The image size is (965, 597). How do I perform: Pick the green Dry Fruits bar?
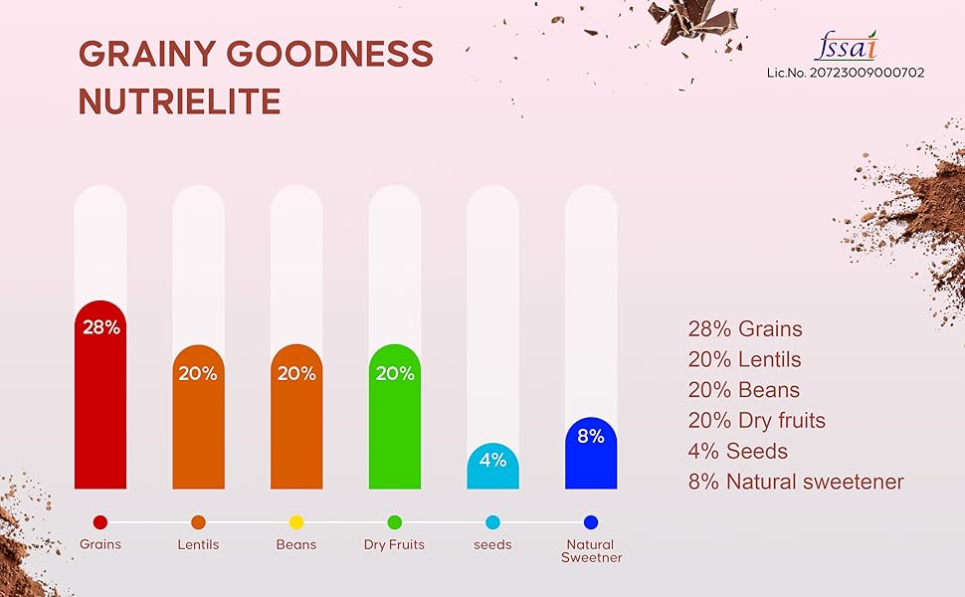click(x=394, y=428)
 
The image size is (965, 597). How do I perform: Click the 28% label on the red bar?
click(x=100, y=326)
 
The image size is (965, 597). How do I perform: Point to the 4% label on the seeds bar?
click(x=492, y=460)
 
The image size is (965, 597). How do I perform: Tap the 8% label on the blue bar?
click(x=591, y=436)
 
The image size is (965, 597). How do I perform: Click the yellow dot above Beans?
click(x=296, y=522)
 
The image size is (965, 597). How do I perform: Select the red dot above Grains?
click(x=100, y=522)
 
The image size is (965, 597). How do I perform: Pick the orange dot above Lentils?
click(x=198, y=522)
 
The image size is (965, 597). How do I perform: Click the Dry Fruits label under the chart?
click(x=394, y=544)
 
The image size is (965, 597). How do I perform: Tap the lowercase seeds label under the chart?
click(x=492, y=544)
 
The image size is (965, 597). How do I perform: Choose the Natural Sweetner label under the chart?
click(x=591, y=551)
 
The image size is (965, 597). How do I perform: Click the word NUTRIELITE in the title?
click(x=179, y=101)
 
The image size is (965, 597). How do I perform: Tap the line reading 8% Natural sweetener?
click(x=795, y=483)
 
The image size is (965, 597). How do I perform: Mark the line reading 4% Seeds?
click(x=737, y=452)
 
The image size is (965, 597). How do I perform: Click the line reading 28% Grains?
click(x=744, y=329)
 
